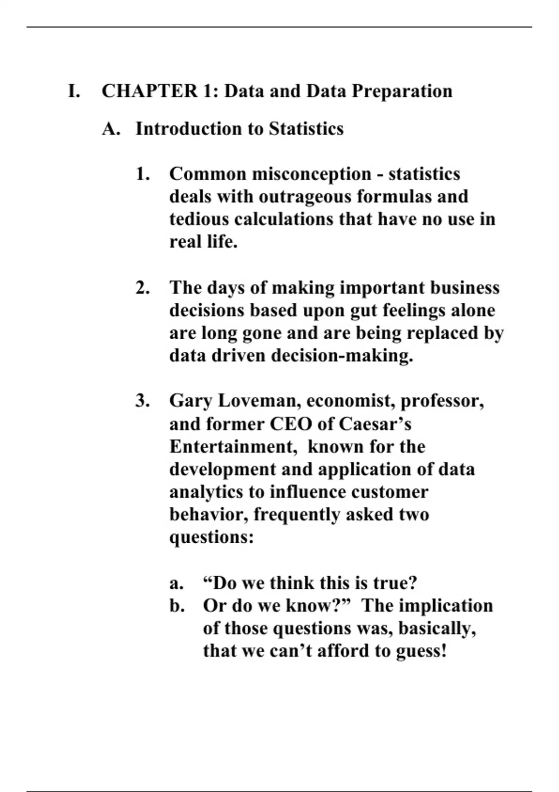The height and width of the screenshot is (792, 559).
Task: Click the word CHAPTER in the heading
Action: click(x=150, y=91)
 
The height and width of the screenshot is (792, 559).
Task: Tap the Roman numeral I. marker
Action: click(x=74, y=91)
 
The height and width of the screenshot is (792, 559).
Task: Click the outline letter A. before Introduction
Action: click(x=111, y=129)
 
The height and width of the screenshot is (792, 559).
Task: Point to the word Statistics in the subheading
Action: click(x=306, y=129)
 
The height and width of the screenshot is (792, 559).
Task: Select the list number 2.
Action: click(x=143, y=288)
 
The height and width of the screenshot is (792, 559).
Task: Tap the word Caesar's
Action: click(x=375, y=424)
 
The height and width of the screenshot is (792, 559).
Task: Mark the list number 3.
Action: click(x=143, y=401)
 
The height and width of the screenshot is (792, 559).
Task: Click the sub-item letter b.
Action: click(x=176, y=606)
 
